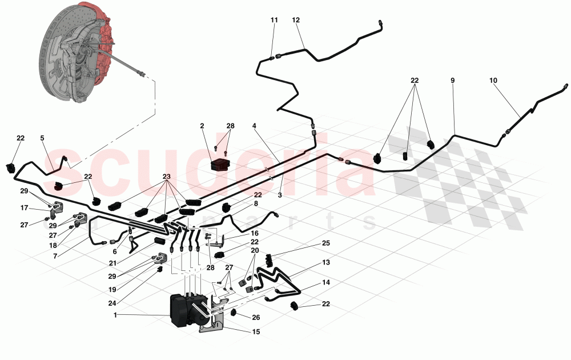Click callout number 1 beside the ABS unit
click(x=115, y=315)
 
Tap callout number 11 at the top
click(x=274, y=20)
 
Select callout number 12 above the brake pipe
click(x=296, y=20)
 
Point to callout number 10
click(x=493, y=81)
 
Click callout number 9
click(x=453, y=81)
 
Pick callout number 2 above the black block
click(x=202, y=126)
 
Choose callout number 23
click(x=166, y=177)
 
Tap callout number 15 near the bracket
click(x=256, y=332)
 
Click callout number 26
click(x=256, y=318)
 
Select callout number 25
click(x=326, y=243)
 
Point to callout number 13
click(x=326, y=262)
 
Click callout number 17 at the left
click(x=25, y=208)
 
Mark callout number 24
click(x=112, y=303)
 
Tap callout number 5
click(x=42, y=138)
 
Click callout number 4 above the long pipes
click(x=254, y=126)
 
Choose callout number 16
click(x=255, y=233)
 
